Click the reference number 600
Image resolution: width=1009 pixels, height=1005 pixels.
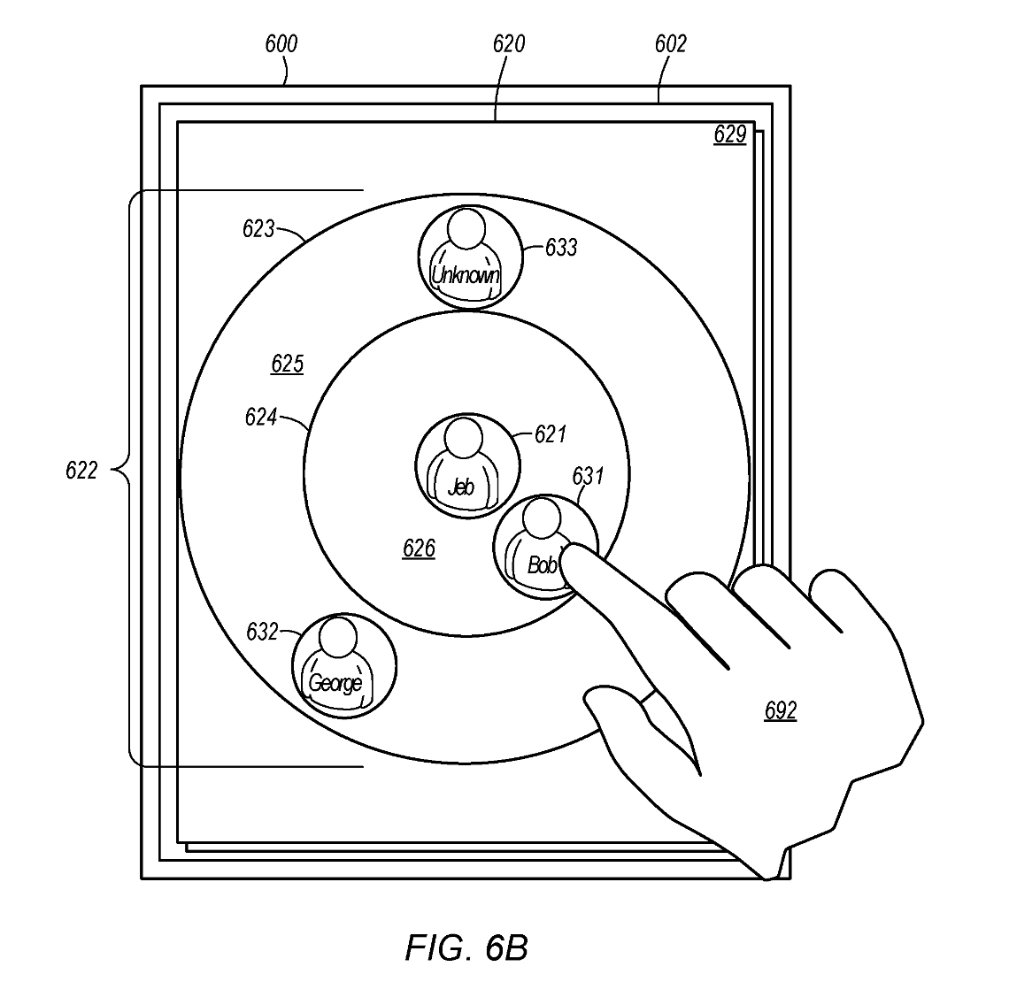281,43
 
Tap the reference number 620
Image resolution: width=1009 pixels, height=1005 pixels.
508,43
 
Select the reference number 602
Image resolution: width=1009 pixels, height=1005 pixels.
670,43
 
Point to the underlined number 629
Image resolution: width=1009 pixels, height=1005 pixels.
730,135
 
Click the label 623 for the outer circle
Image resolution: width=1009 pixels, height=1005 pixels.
258,229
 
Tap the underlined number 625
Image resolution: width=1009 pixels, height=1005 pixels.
287,364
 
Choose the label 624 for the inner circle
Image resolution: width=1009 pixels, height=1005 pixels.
261,417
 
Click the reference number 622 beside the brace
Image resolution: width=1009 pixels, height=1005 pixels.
81,471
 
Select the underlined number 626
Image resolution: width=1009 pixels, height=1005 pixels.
419,549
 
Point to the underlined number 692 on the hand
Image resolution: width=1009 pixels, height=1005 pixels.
780,710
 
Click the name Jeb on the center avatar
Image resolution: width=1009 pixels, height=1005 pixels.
461,487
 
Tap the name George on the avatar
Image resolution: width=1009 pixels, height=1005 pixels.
335,683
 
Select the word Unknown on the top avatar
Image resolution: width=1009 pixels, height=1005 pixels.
465,276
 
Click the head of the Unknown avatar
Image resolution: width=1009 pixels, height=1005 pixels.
466,228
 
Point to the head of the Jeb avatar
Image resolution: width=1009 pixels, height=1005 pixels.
462,437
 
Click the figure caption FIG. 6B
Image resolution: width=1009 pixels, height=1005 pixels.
466,947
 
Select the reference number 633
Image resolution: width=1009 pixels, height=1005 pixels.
561,248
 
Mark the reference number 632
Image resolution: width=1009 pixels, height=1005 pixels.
262,632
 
